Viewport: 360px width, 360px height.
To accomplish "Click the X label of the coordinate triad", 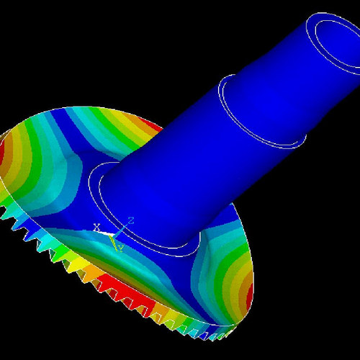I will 96,228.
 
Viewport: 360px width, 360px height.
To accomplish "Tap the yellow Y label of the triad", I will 120,248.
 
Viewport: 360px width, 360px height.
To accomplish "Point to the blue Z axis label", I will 131,220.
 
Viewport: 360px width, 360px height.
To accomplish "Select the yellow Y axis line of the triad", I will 117,240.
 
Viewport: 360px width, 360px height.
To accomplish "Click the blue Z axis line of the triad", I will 122,227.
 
